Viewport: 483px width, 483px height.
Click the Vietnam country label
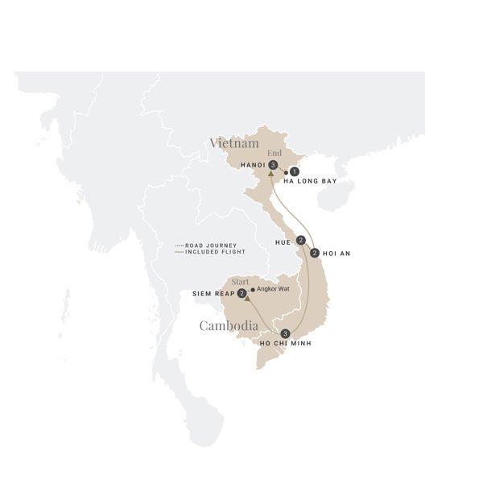point(234,142)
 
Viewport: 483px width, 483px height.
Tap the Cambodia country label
point(229,326)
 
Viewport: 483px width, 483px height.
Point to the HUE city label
point(283,240)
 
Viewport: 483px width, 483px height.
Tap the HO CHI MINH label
point(284,344)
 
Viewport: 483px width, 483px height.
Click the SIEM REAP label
point(213,294)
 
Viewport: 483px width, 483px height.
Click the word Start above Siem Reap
point(241,282)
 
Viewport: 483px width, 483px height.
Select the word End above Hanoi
point(274,153)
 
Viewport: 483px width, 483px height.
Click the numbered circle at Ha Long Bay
point(295,171)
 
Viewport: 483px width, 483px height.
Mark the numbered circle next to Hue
point(300,240)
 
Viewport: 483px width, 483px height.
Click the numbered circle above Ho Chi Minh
point(285,333)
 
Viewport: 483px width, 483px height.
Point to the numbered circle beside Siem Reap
point(242,294)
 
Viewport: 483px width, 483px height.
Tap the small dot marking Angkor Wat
point(252,290)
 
